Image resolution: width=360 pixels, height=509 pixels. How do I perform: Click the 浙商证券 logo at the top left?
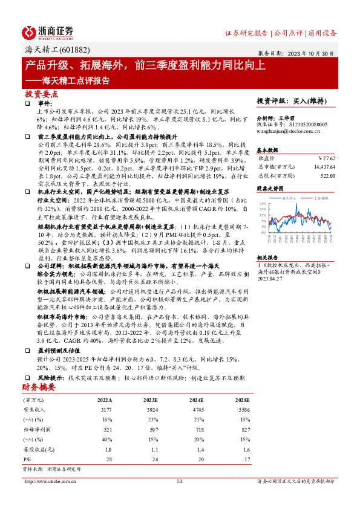coord(48,32)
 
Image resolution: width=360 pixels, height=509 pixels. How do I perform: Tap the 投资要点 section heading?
coord(42,94)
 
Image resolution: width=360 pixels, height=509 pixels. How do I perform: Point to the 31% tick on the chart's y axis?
coord(263,204)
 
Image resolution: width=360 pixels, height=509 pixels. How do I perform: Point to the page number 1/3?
coord(179,481)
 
